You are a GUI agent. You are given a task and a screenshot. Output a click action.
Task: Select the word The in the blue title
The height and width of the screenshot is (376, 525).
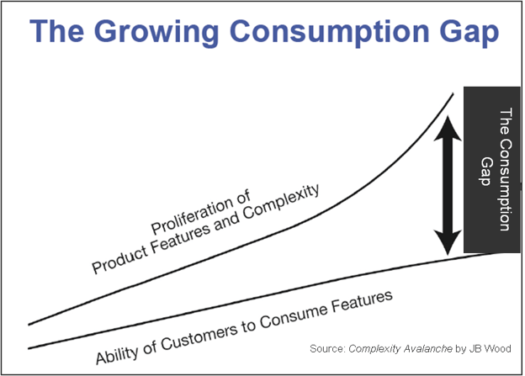[56, 34]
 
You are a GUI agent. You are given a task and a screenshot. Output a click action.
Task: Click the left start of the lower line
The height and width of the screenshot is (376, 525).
[29, 347]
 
